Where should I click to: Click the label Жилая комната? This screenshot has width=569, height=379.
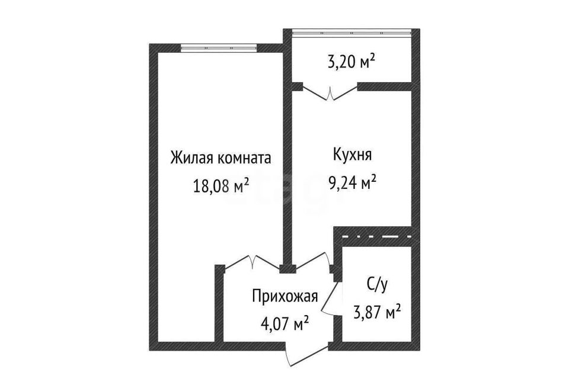(220, 159)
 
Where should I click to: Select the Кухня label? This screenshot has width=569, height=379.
(352, 155)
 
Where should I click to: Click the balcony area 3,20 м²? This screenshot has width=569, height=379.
(351, 63)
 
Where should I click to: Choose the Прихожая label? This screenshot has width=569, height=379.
(285, 296)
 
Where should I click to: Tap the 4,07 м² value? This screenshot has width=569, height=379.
(285, 323)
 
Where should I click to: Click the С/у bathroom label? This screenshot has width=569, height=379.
(378, 285)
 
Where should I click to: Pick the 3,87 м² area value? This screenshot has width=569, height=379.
(378, 312)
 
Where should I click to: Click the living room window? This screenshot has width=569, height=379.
(219, 47)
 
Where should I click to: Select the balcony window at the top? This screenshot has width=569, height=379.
(351, 33)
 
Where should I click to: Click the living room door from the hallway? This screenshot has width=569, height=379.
(252, 262)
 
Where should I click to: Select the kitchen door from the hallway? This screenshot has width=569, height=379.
(313, 262)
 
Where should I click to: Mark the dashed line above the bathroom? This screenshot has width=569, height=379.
(376, 236)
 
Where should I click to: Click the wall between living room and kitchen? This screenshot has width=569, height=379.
(288, 159)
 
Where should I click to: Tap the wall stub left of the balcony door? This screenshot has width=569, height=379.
(297, 86)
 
